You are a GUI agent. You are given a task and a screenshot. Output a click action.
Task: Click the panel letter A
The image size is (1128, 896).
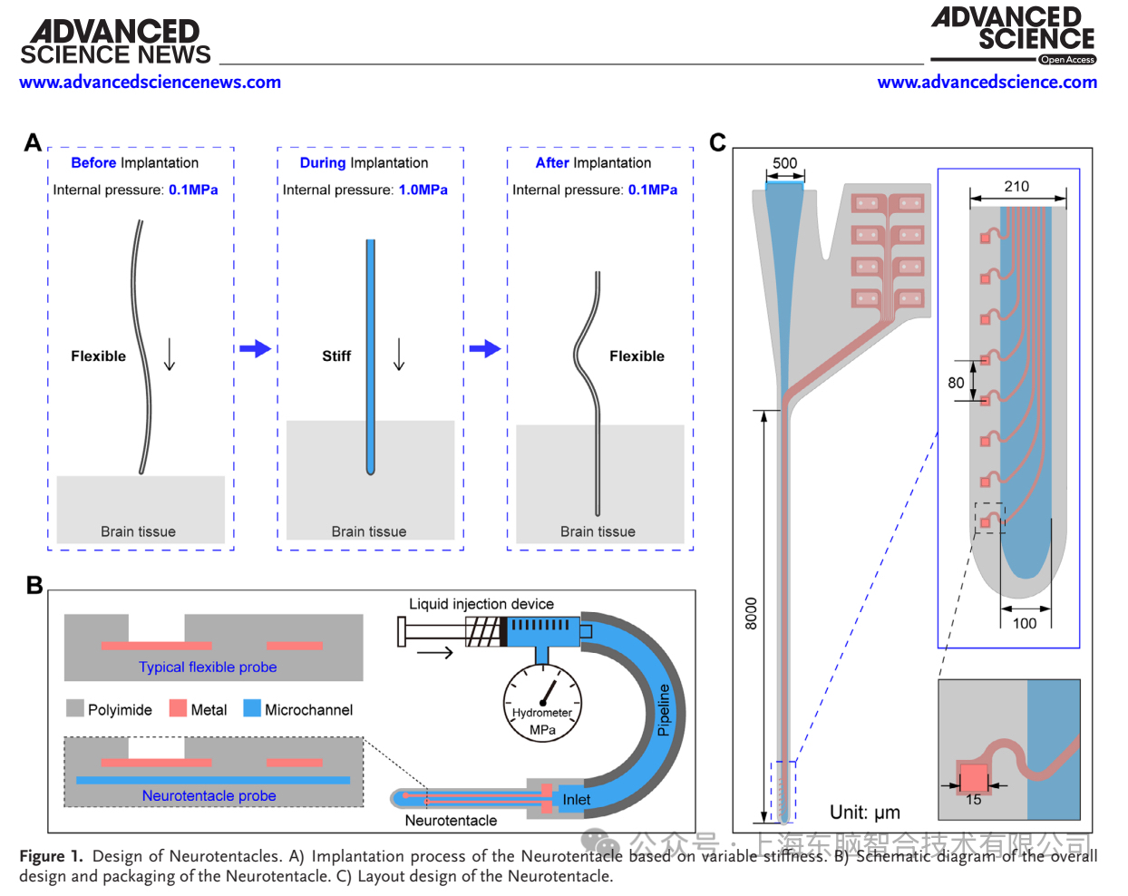pos(33,142)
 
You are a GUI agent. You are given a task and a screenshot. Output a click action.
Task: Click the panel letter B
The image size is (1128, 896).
pos(34,585)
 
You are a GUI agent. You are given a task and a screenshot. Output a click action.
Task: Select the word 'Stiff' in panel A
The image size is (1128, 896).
pos(336,356)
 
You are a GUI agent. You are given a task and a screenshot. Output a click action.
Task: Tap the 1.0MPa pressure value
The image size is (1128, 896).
pos(423,190)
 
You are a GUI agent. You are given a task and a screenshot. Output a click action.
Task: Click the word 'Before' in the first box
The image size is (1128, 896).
pos(93,163)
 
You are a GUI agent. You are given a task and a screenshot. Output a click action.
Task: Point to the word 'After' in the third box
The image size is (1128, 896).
pos(552,163)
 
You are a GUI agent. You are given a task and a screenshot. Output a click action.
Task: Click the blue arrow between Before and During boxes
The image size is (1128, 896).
pos(255,348)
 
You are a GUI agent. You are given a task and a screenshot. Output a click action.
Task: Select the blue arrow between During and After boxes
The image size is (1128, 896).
pos(485,348)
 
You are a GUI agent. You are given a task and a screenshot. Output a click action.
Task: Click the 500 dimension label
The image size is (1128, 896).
pos(784,163)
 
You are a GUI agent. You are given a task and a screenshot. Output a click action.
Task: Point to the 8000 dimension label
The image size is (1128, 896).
pos(751,613)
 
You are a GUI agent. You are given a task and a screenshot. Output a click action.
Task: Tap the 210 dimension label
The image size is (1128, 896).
pos(1016,186)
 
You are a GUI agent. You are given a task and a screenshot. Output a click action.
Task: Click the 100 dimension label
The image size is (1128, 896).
pos(1025,623)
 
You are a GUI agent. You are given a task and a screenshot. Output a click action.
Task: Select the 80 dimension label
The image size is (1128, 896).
pos(956,383)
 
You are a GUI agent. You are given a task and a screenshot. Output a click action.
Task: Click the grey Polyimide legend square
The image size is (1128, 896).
pos(75,708)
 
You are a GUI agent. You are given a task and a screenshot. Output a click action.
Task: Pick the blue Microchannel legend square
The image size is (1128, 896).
pos(252,708)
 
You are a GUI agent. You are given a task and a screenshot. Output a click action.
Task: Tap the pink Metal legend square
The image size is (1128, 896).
pos(178,708)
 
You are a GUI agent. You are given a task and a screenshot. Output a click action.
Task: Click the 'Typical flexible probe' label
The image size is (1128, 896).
pos(208,667)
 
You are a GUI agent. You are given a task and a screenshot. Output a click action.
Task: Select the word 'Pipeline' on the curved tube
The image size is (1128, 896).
pos(664,709)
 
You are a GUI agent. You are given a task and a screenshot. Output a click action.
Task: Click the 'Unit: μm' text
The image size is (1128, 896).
pos(865,813)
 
